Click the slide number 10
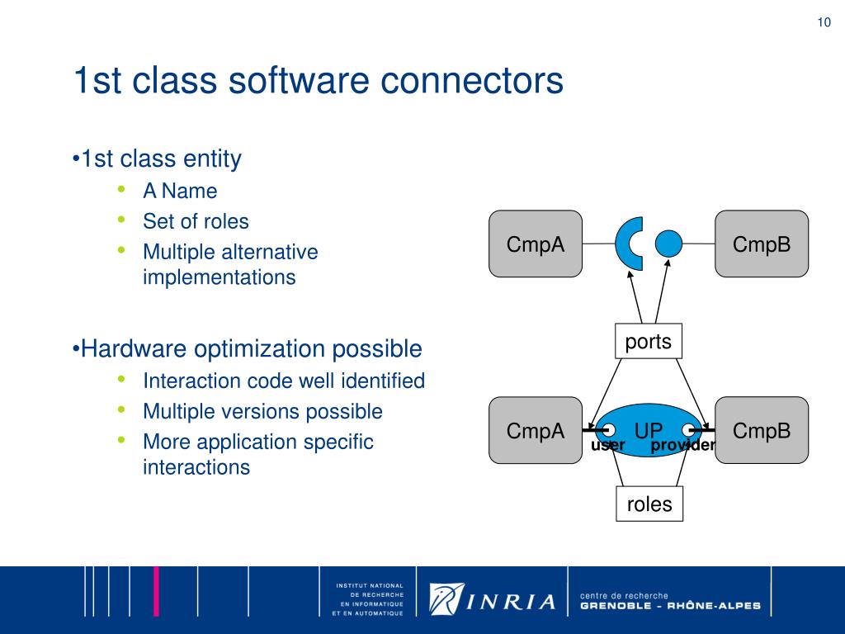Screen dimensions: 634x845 [824, 22]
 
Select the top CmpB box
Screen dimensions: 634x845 [762, 244]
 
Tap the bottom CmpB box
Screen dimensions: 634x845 [762, 430]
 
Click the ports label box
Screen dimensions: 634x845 [649, 341]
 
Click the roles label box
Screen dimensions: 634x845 [649, 504]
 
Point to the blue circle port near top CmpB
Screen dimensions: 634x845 [669, 244]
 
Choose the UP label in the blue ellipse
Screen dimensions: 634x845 [649, 429]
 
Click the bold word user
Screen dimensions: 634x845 [608, 446]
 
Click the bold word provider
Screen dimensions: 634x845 [682, 446]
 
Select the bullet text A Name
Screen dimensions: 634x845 [180, 192]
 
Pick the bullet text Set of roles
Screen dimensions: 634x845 [196, 221]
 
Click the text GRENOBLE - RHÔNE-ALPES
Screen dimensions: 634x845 [670, 606]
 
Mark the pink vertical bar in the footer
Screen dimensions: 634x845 [158, 591]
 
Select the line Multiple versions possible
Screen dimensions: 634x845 [262, 411]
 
